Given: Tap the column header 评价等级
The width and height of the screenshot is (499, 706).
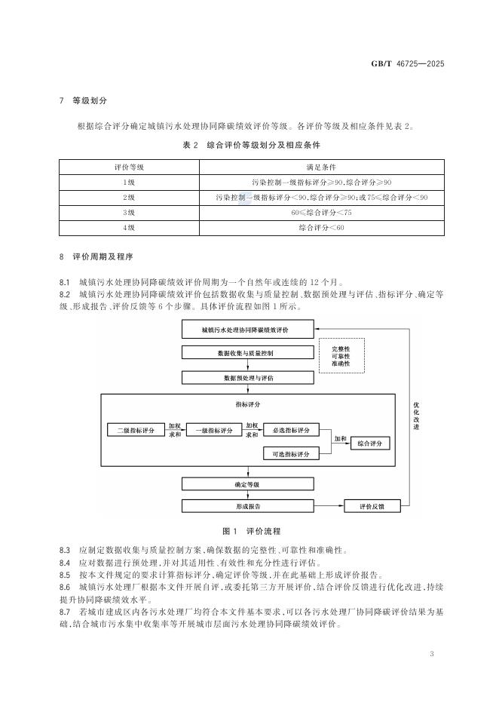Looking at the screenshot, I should pyautogui.click(x=129, y=166).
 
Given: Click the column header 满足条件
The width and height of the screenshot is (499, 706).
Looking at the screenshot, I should pyautogui.click(x=320, y=166).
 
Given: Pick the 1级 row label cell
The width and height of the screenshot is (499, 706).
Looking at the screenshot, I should pyautogui.click(x=129, y=182).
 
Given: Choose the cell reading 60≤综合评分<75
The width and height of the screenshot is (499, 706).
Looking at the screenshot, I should pyautogui.click(x=320, y=213).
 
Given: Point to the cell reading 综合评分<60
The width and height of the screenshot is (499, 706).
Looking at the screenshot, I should pyautogui.click(x=320, y=228).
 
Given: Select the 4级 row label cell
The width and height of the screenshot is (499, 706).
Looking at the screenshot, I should pyautogui.click(x=129, y=228).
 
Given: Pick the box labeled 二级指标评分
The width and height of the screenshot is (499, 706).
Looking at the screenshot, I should pyautogui.click(x=136, y=431).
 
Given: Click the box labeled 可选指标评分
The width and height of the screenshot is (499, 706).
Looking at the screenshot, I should pyautogui.click(x=292, y=453).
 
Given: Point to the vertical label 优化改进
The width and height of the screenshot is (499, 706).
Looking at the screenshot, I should pyautogui.click(x=415, y=416).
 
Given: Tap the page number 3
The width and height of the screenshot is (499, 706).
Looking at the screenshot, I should pyautogui.click(x=432, y=652).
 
